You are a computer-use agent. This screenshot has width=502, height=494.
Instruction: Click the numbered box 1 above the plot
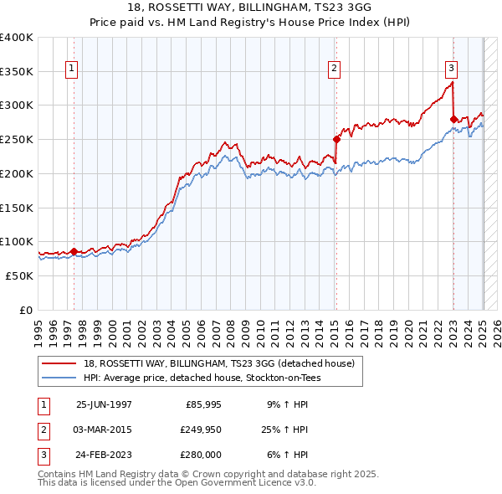point(71,69)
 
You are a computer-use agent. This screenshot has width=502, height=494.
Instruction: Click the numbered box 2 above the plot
point(334,69)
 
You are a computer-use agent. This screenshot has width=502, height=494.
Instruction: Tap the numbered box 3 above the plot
point(451,69)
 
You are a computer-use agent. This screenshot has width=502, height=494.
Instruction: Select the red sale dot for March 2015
point(336,140)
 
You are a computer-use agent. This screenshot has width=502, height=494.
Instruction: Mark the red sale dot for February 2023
point(453,119)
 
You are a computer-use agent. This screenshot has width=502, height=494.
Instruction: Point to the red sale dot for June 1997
point(74,251)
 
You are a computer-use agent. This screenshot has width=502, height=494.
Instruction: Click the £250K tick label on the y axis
point(17,139)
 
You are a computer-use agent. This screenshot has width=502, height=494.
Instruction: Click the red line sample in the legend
point(59,363)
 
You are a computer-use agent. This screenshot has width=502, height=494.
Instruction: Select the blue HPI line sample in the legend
point(59,378)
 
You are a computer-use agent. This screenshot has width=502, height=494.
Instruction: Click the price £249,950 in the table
point(198,430)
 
